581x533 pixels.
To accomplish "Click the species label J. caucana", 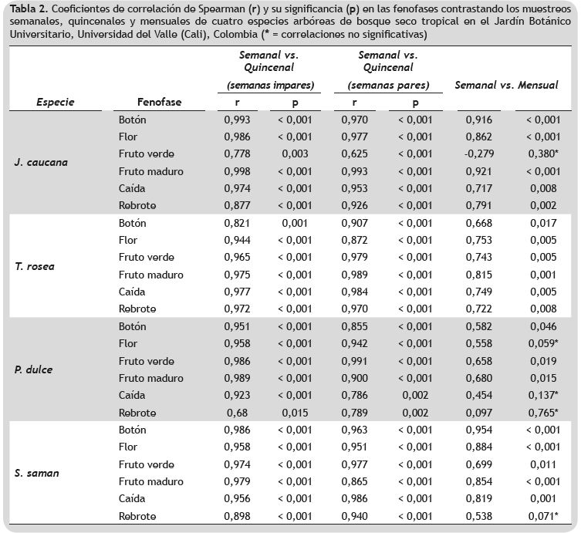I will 41,163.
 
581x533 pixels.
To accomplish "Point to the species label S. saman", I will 37,473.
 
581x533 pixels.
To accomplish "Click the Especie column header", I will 55,102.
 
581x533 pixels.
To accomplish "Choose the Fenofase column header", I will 159,102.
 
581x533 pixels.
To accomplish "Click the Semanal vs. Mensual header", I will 506,85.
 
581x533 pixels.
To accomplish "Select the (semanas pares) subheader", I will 388,85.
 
